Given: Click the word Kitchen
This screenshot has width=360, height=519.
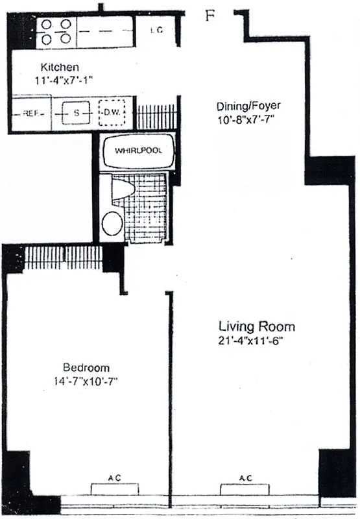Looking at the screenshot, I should pos(60,67).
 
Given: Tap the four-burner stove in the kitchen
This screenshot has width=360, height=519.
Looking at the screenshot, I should pos(55,31).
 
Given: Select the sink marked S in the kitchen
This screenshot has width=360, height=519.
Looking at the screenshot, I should pos(77,113).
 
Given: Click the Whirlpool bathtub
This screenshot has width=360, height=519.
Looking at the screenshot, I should pos(138,151).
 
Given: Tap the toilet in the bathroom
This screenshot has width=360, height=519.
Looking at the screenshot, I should pos(121,190).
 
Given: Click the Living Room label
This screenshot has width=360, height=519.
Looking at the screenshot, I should pos(256,326).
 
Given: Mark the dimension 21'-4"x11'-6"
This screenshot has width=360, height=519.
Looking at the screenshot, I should pos(256,341).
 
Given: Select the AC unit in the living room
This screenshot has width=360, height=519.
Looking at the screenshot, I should pos(245,487).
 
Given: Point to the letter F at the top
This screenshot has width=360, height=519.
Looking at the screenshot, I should pos(209,16).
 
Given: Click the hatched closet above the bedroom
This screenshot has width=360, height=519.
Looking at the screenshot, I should pos(63,257).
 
